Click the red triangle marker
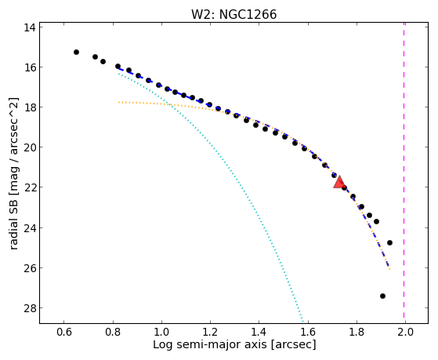[x=339, y=183]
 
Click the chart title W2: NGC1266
[x=233, y=14]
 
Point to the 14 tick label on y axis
[x=29, y=27]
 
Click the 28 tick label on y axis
[x=29, y=308]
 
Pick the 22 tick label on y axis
[x=29, y=187]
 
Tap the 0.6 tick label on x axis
[x=64, y=332]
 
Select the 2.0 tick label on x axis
[x=405, y=332]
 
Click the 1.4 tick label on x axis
[x=259, y=332]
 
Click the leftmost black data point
[x=76, y=52]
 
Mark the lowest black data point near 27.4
[x=382, y=296]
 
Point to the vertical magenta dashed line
[x=404, y=170]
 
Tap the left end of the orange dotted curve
[x=118, y=102]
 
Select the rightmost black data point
[x=389, y=242]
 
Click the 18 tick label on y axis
[x=29, y=107]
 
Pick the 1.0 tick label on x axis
[x=161, y=332]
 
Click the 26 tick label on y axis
[x=29, y=268]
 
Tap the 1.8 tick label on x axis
[x=357, y=332]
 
